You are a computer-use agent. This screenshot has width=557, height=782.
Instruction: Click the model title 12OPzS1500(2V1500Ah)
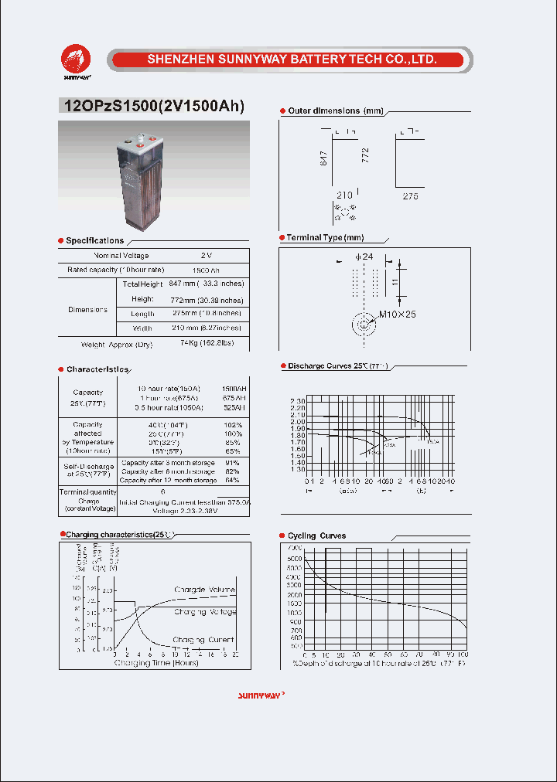152,107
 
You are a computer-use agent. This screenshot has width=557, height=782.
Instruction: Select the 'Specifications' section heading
94,240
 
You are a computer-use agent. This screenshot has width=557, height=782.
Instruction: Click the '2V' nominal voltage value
206,256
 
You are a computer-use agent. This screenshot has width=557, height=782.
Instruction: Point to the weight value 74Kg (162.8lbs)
206,342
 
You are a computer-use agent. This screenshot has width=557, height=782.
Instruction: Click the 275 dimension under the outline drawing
410,197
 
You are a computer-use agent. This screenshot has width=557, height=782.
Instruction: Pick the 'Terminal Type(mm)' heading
325,238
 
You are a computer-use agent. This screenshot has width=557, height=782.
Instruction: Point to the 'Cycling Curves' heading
316,535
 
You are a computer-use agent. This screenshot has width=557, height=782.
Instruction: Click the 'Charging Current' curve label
204,640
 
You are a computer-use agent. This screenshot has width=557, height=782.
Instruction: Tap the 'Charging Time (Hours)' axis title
157,662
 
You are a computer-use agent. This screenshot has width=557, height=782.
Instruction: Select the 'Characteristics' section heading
97,369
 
